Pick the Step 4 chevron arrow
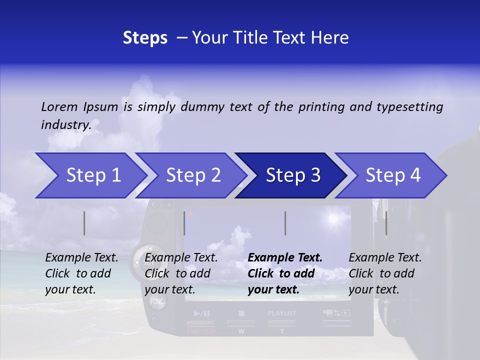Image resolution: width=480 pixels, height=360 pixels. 392,175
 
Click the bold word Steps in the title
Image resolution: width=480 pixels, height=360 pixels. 145,37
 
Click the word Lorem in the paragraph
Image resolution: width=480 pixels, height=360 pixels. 59,106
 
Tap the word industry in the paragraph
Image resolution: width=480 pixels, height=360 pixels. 65,124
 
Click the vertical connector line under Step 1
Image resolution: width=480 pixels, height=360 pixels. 84,223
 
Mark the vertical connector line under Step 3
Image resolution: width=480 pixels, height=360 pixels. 285,223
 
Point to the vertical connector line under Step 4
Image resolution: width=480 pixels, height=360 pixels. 386,223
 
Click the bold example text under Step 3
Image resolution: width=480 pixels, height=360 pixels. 284,273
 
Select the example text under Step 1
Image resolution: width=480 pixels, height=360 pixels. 81,273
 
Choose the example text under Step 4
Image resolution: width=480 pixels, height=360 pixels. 385,273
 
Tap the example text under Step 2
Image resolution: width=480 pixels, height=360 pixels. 181,273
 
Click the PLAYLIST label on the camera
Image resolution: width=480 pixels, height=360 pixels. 282,313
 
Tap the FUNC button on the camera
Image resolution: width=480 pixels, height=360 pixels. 157,301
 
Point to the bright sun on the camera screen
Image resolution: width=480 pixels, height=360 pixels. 332,218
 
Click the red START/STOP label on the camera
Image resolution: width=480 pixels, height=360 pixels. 201,331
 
